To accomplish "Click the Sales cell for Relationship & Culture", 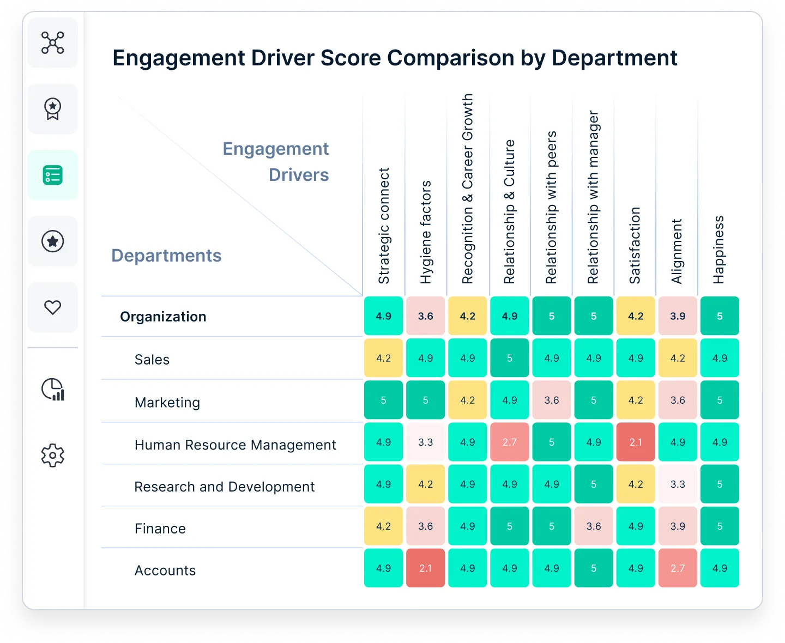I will click(x=510, y=358).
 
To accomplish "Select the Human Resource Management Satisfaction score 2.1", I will click(x=636, y=442).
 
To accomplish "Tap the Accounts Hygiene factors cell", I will click(x=425, y=568).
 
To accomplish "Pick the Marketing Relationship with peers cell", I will click(x=552, y=400).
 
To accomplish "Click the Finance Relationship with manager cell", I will click(x=594, y=526).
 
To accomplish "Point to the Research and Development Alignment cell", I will click(x=678, y=484).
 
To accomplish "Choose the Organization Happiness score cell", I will click(x=720, y=316).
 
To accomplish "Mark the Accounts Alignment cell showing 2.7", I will click(x=678, y=568).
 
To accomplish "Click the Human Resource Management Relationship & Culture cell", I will click(x=510, y=442).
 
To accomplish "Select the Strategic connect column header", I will click(x=384, y=226).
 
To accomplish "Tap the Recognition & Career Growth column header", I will click(x=468, y=189).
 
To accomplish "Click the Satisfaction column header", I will click(x=635, y=245).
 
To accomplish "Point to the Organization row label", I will click(x=163, y=317).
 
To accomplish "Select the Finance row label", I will click(x=160, y=529).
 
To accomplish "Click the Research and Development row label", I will click(x=225, y=487).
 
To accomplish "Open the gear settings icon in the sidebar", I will click(x=53, y=455).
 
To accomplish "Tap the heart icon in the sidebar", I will click(x=53, y=307).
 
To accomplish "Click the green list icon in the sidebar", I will click(x=53, y=175).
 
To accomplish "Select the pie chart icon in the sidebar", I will click(x=53, y=389).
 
